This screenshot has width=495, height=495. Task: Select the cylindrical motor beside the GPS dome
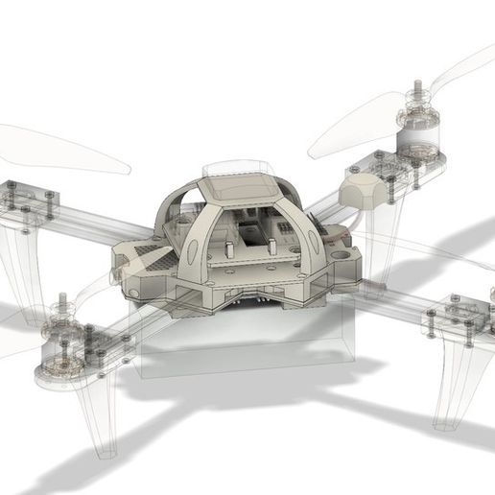414,137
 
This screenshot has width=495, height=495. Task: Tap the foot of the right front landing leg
446,419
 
